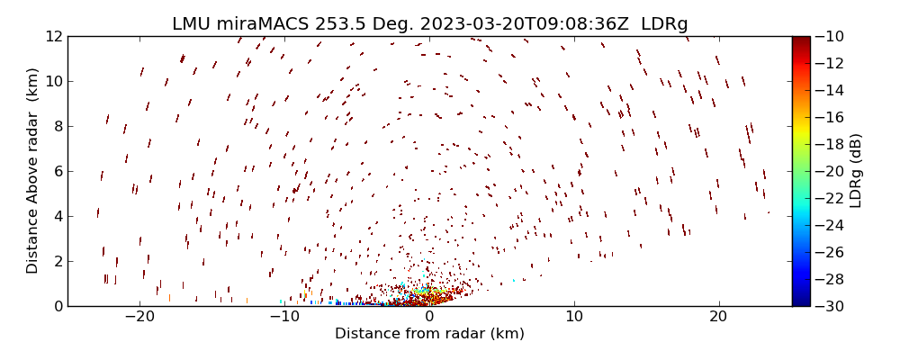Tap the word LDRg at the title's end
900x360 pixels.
click(663, 23)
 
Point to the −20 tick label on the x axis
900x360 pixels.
click(139, 317)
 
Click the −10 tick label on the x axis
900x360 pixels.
click(283, 317)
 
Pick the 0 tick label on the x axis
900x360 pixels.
click(429, 317)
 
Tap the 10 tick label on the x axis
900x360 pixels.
click(574, 317)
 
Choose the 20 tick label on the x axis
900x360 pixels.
click(718, 317)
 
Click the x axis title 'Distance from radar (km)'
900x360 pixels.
click(429, 334)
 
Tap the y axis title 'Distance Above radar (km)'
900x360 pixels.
click(32, 171)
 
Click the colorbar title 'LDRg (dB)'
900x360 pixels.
click(856, 171)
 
